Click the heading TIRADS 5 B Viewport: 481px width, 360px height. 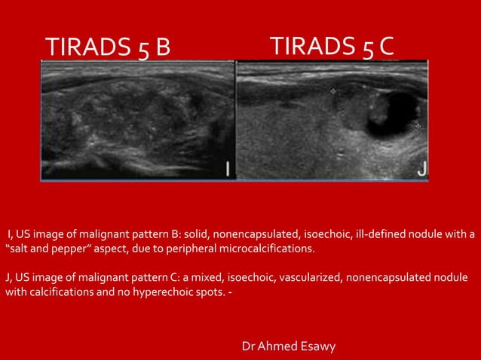109,47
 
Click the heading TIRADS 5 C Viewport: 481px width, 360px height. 332,45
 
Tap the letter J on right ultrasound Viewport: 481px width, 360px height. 421,170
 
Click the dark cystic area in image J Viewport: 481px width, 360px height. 392,109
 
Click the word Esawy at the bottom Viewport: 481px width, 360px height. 320,346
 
